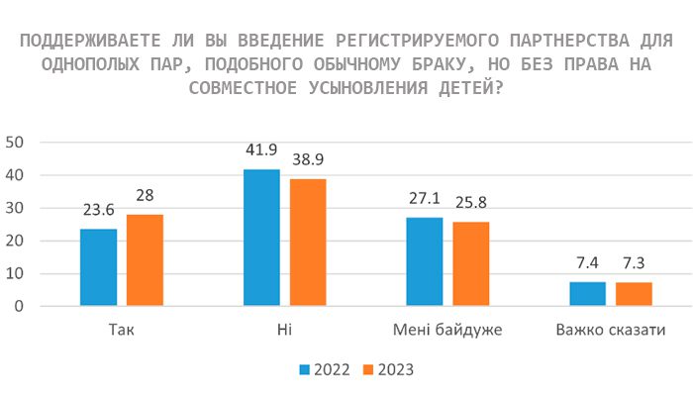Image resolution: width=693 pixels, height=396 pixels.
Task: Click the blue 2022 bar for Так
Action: tap(98, 267)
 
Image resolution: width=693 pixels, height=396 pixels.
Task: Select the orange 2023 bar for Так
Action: tap(145, 260)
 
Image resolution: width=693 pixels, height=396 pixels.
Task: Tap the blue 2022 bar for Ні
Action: tap(261, 238)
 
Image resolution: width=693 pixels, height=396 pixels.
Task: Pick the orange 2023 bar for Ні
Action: tap(308, 243)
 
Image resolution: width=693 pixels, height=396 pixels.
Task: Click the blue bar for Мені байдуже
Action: tap(425, 261)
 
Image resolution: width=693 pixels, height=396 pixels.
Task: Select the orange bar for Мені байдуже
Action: tap(471, 264)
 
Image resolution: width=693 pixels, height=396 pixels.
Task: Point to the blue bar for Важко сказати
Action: tap(588, 294)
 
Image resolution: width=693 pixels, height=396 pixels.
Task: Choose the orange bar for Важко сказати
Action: tap(634, 294)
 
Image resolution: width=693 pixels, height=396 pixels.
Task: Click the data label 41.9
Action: tap(261, 150)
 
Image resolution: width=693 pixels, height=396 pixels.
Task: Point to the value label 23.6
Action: tap(99, 210)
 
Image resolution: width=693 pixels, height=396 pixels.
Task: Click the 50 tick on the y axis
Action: tap(15, 142)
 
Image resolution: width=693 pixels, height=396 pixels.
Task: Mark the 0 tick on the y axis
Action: tap(20, 306)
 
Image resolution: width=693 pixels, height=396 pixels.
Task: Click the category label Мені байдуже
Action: tap(447, 330)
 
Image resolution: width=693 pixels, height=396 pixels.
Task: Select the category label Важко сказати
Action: tap(611, 330)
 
